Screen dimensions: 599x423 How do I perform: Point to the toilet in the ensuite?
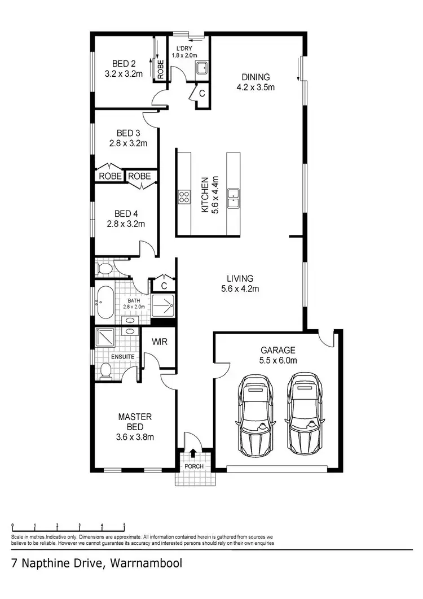point(105,370)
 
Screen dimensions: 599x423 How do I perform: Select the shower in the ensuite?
point(105,338)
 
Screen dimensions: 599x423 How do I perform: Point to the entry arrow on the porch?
point(193,452)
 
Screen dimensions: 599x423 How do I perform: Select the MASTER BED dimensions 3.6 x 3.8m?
point(135,436)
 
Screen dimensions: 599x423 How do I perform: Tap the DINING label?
point(256,77)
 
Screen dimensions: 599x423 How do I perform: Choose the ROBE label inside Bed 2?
point(160,70)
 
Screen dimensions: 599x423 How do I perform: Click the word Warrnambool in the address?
point(147,563)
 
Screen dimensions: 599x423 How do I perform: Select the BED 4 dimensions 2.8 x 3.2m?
point(126,224)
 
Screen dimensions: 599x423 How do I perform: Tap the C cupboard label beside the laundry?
point(201,94)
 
